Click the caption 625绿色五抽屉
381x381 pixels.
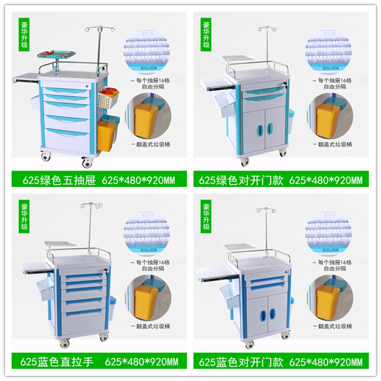tap(59, 180)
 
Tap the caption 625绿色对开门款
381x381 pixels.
tap(241, 180)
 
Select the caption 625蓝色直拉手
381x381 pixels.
tap(57, 362)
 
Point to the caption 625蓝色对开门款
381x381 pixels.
tap(241, 362)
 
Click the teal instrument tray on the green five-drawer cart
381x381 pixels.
tap(56, 54)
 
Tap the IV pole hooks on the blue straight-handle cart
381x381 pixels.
tap(91, 205)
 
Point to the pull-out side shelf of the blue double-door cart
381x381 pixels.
tap(212, 273)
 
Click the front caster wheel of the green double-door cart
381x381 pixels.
tap(245, 162)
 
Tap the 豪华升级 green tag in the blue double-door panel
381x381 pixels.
tap(206, 216)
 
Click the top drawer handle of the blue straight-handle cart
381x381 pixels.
tap(84, 276)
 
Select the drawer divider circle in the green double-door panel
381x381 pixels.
tap(328, 51)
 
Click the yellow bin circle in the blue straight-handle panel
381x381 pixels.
tap(148, 298)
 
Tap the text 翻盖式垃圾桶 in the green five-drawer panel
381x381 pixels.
tap(153, 144)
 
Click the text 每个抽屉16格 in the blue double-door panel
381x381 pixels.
tap(335, 262)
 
